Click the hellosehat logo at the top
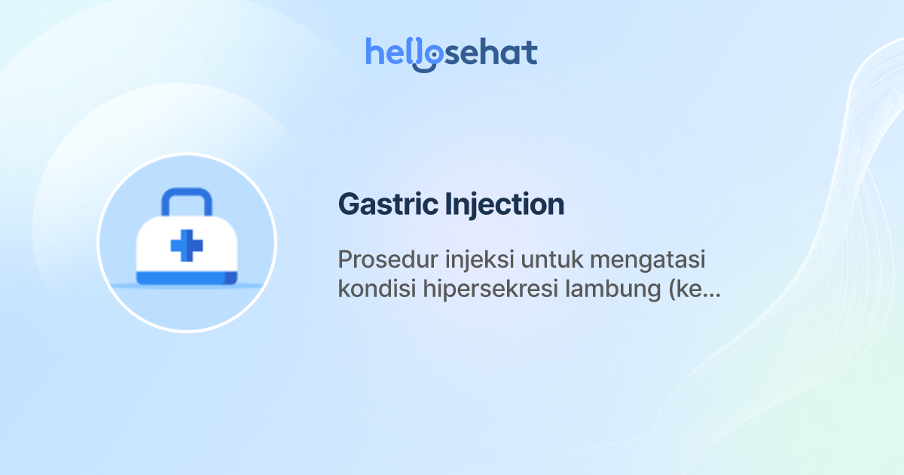click(x=451, y=53)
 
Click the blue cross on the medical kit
click(x=186, y=246)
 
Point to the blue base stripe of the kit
click(x=186, y=278)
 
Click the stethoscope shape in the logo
click(x=427, y=57)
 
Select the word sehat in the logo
click(x=490, y=53)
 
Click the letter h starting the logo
click(x=374, y=52)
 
